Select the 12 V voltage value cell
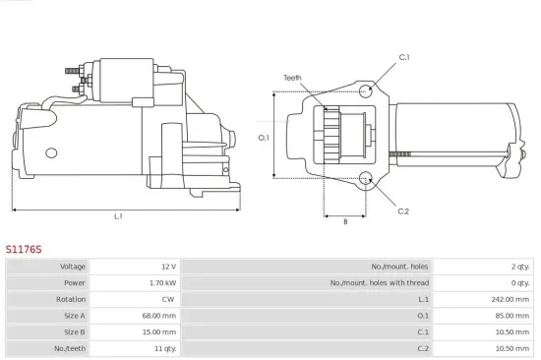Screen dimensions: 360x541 point(167,267)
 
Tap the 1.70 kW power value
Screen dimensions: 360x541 point(163,282)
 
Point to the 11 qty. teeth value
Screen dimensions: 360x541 point(164,347)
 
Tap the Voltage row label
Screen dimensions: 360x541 point(73,267)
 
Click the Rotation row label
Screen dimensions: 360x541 point(73,299)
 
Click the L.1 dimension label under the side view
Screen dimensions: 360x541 point(118,216)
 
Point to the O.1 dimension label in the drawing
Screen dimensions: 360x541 point(264,138)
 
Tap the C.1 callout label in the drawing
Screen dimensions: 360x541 point(404,57)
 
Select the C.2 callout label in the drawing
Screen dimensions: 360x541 point(403,210)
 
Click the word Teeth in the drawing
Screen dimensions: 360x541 point(292,77)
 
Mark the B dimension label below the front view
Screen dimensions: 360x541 point(345,222)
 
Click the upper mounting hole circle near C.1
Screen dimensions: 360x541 point(366,90)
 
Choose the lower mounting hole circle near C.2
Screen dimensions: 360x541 point(366,179)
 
